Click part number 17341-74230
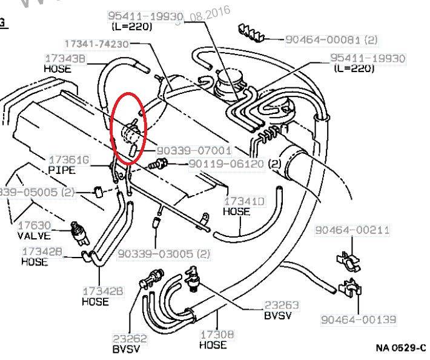tap(98, 44)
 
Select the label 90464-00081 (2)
tap(331, 39)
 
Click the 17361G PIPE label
tap(69, 165)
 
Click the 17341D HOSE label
tap(237, 206)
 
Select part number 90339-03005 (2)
tap(164, 254)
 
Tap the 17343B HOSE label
tap(65, 63)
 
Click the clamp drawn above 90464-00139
tap(351, 288)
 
